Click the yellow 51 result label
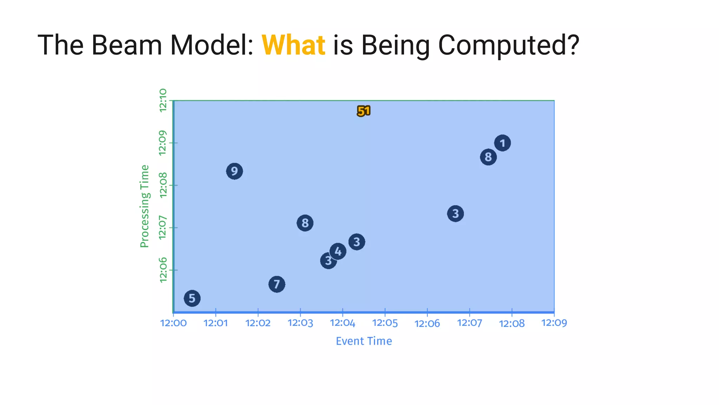click(x=364, y=111)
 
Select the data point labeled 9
click(x=235, y=171)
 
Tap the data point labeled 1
click(x=502, y=143)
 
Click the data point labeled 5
click(x=192, y=298)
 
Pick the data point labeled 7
click(x=277, y=284)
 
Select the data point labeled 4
click(x=338, y=251)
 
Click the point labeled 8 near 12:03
click(x=305, y=223)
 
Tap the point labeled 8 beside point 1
click(x=488, y=157)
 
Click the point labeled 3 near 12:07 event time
click(x=455, y=213)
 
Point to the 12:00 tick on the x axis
click(x=173, y=323)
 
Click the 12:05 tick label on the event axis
click(x=385, y=323)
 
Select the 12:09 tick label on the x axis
click(x=554, y=323)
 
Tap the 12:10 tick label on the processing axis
click(x=163, y=101)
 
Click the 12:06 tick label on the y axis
click(x=163, y=270)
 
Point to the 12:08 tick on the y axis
click(x=163, y=185)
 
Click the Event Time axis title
click(x=364, y=341)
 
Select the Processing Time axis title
click(x=145, y=206)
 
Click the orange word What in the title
click(x=293, y=45)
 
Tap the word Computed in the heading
click(x=508, y=45)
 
